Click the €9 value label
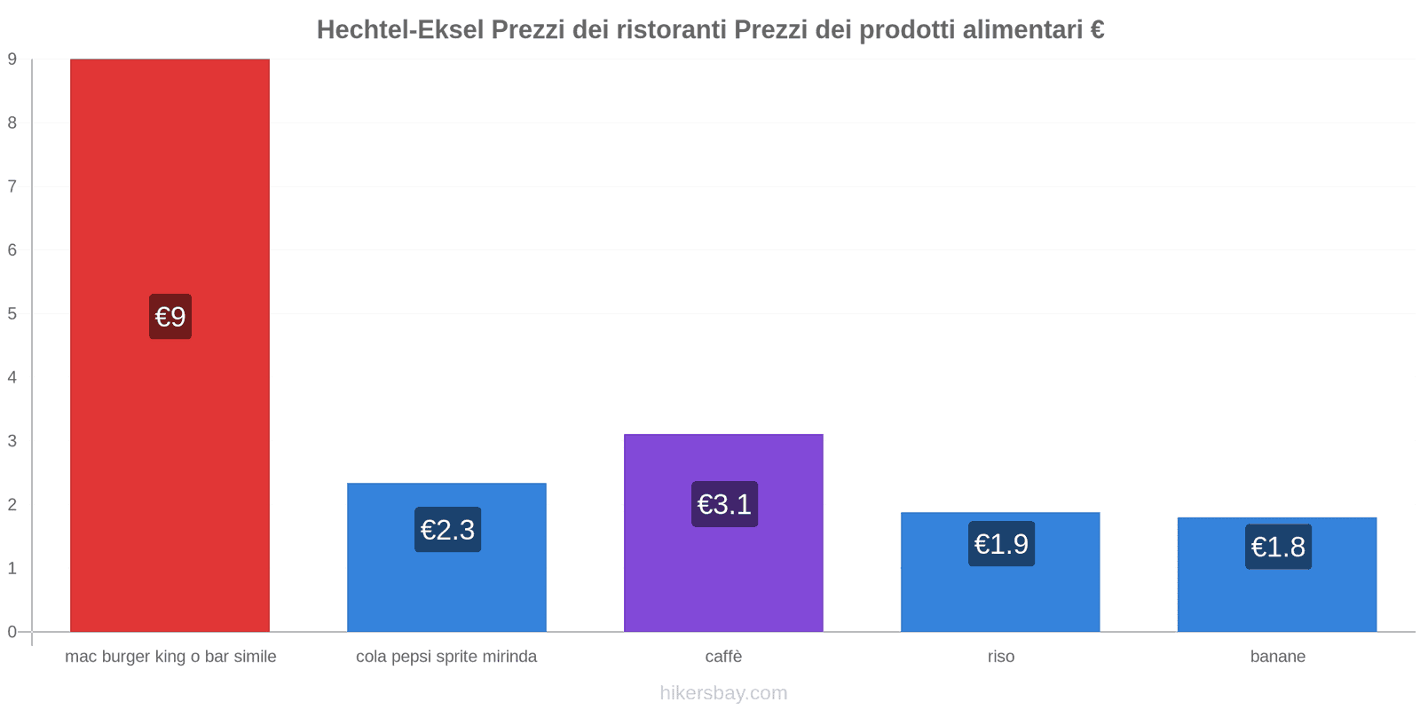[170, 317]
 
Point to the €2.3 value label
[447, 530]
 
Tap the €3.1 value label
[724, 504]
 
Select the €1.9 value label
[1001, 544]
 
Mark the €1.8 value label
[1278, 547]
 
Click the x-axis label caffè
[723, 657]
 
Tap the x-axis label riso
[1000, 657]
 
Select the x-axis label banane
[1277, 657]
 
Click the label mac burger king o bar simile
[170, 657]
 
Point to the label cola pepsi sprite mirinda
[446, 657]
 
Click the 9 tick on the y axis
[12, 59]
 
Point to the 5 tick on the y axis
[12, 314]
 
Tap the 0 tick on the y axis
[12, 632]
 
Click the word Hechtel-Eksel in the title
[400, 30]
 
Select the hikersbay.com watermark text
[723, 693]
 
